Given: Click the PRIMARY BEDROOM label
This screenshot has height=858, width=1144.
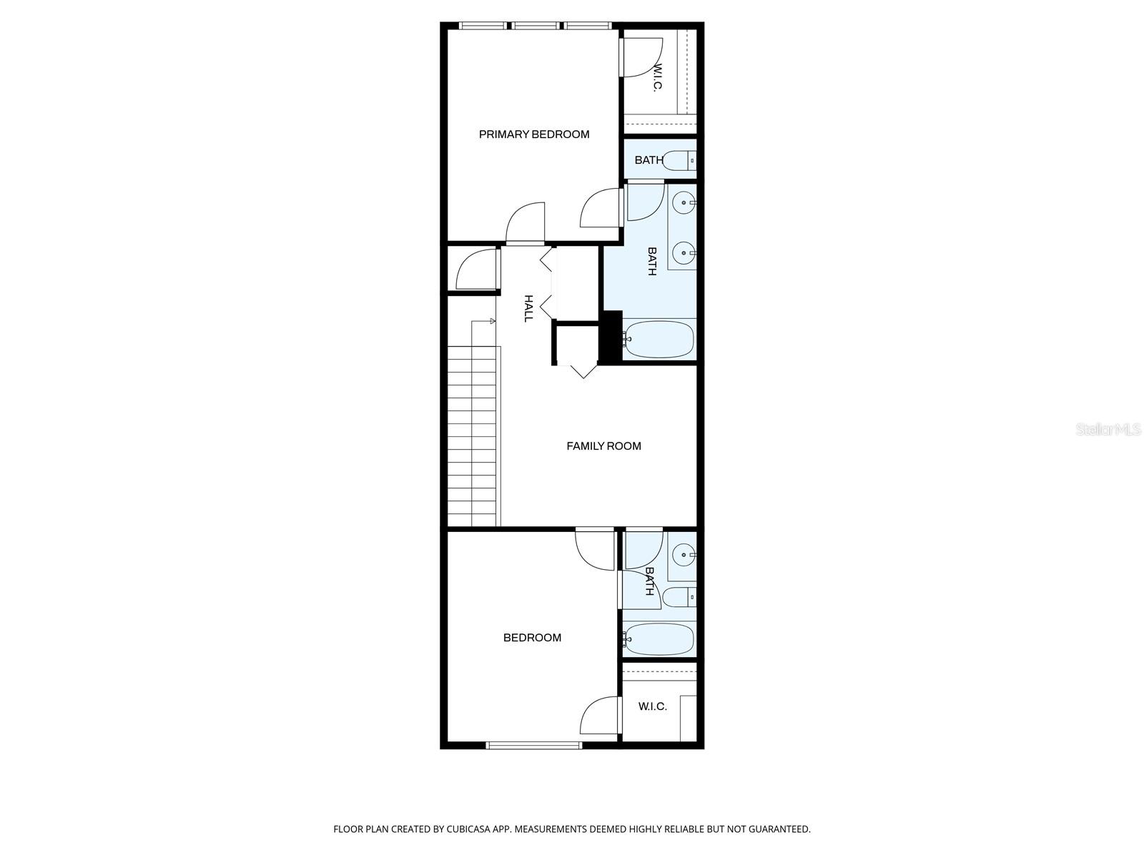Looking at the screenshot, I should pos(534,134).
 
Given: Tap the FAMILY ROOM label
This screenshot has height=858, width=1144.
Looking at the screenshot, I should pos(603,446).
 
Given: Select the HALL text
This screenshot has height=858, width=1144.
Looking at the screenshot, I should pos(528,308).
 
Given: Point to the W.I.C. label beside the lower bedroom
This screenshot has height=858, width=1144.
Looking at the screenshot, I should pos(652,706).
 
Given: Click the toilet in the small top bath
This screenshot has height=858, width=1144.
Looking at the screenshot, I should pos(679,160).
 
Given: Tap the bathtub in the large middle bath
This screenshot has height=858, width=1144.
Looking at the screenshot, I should pos(659,340).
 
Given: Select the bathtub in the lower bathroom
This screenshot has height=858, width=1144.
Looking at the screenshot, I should pos(659,638).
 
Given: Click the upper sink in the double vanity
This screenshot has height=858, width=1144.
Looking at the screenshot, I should pos(685,204).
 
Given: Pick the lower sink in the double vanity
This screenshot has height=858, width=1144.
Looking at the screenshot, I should pos(684,252).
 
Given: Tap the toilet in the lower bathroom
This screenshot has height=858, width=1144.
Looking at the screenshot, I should pos(679,596).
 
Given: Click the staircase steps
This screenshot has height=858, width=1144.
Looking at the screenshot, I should pos(472,436).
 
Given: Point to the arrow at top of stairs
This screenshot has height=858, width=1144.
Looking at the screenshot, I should pos(492,321).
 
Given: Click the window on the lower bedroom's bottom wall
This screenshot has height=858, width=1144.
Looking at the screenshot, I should pos(534,745).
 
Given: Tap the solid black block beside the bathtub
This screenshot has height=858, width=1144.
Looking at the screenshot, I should pos(611,337).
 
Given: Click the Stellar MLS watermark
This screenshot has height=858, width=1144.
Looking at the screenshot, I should pos(1108,430).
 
